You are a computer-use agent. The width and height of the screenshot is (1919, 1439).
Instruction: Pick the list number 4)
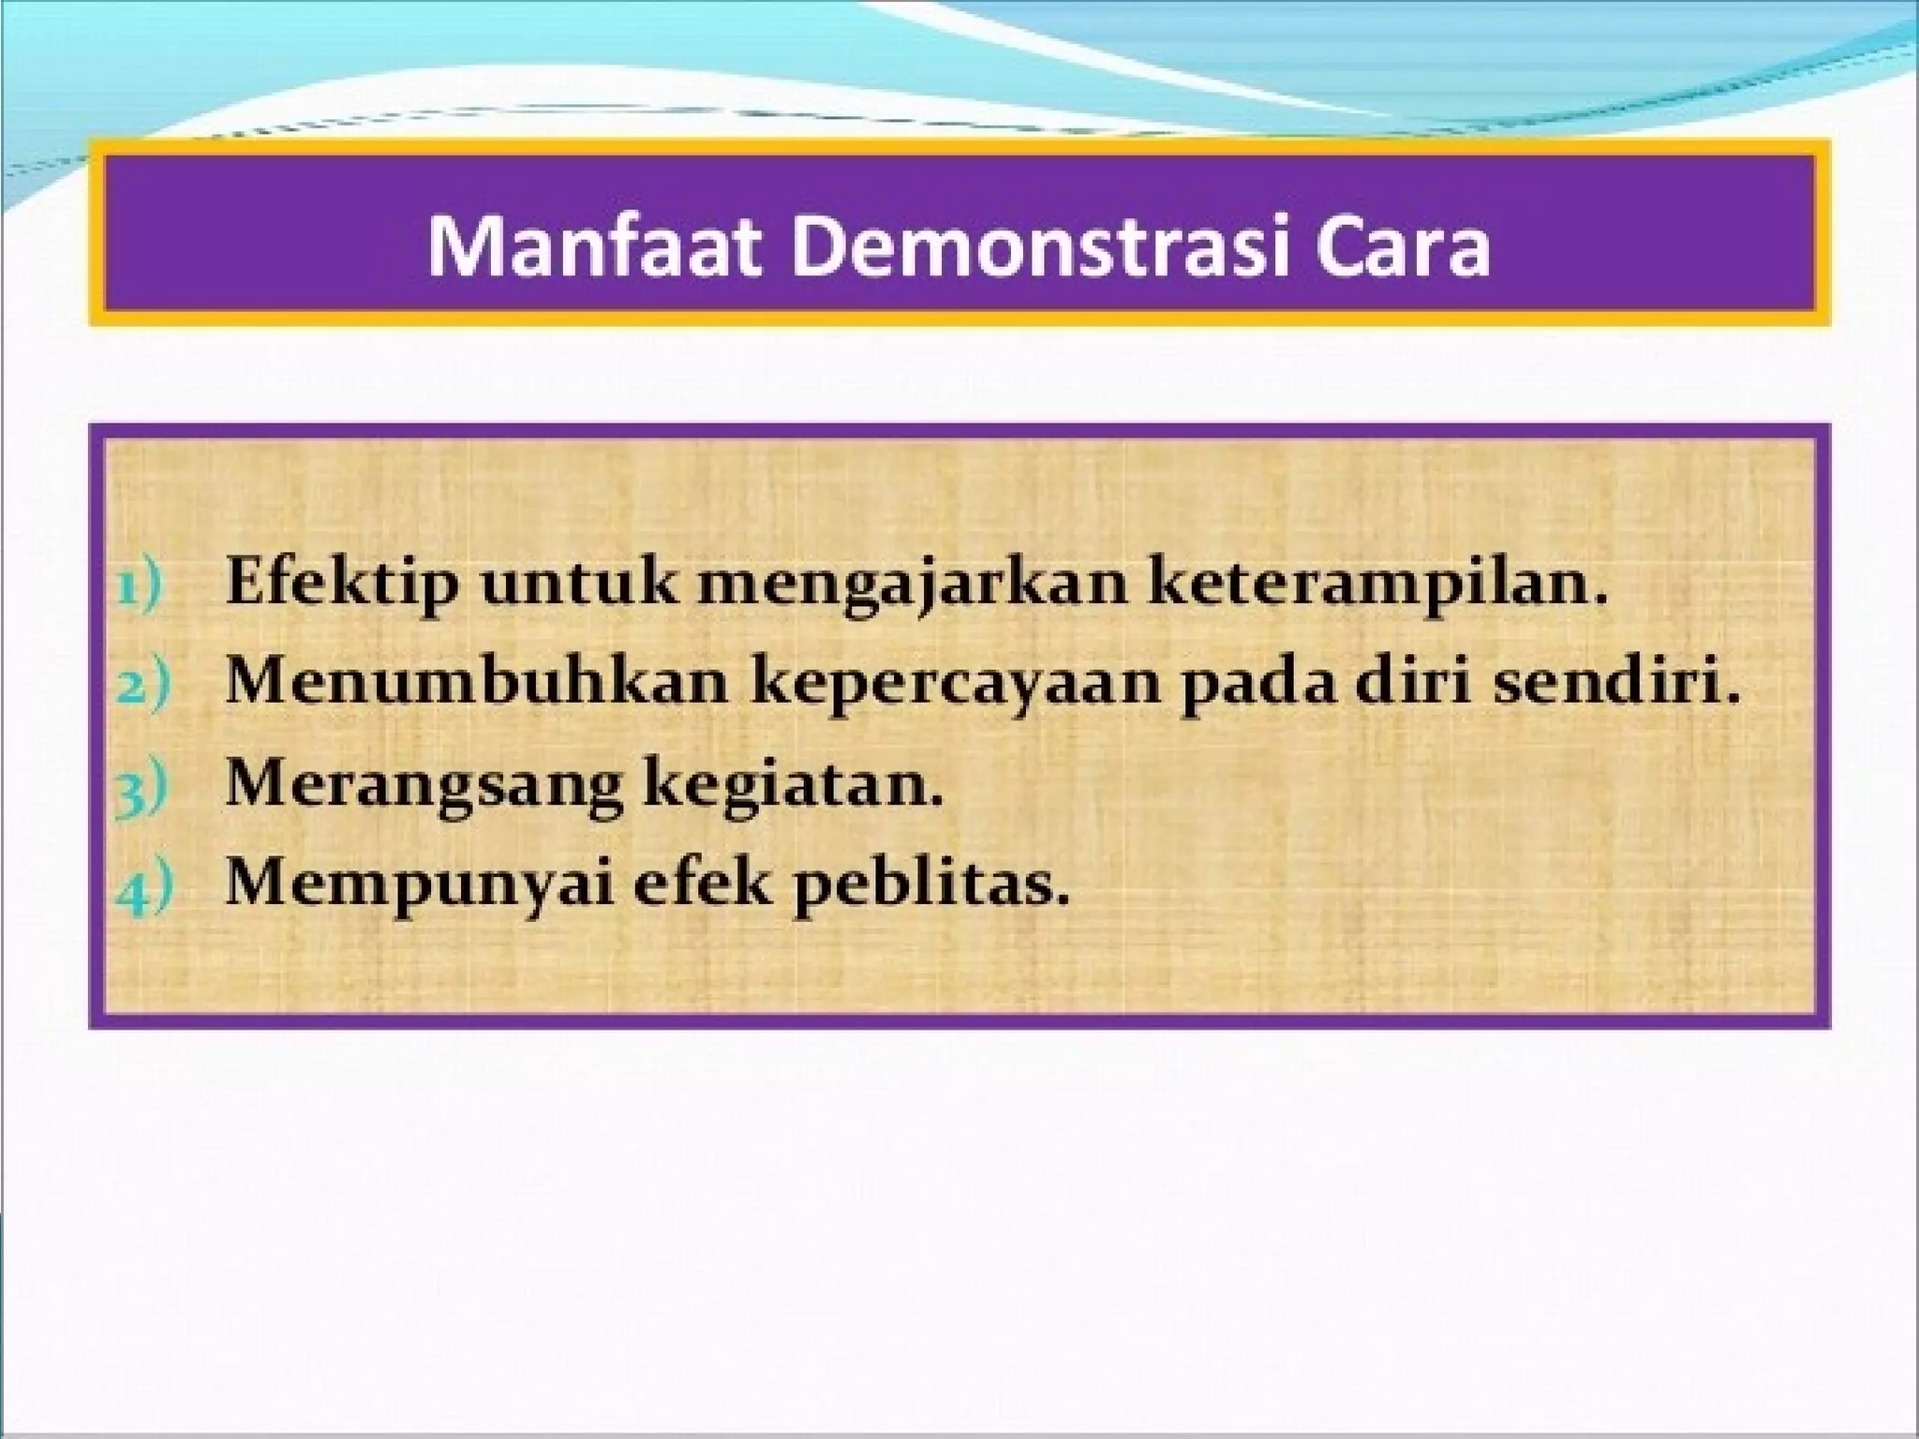(143, 889)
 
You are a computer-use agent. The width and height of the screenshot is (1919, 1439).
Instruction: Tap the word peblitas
(930, 885)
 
